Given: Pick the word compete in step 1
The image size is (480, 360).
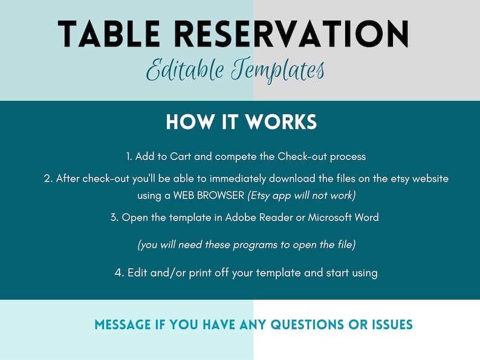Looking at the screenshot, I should (236, 156).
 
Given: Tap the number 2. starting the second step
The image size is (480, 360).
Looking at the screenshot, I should (48, 179).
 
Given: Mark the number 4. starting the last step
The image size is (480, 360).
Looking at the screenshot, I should (119, 272).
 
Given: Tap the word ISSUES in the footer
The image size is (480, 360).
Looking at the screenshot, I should (392, 325).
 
